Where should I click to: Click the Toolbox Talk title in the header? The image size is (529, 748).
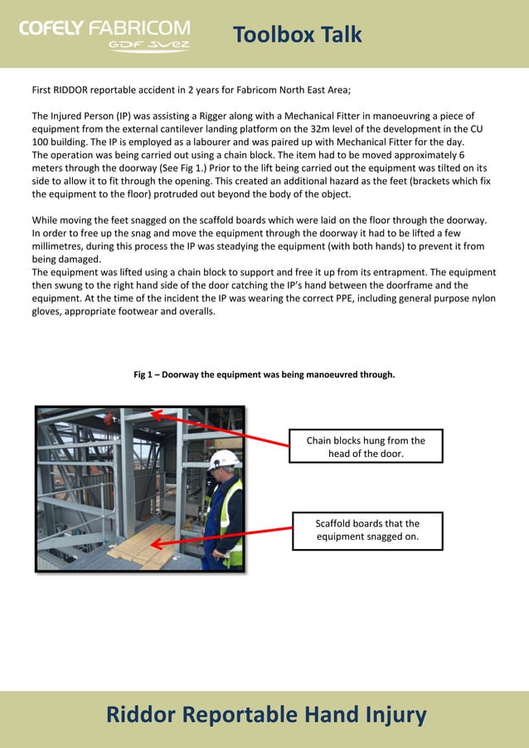(x=297, y=34)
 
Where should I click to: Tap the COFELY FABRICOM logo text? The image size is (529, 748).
(x=104, y=28)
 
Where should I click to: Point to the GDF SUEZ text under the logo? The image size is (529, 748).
(x=149, y=46)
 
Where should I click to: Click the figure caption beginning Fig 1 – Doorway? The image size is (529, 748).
(x=264, y=375)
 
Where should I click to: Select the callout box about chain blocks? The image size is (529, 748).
(x=366, y=446)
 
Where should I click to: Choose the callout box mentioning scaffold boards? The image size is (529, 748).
(x=367, y=530)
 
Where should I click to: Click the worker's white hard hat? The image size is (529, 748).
(x=224, y=459)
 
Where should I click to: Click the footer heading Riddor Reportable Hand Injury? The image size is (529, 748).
(x=265, y=714)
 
